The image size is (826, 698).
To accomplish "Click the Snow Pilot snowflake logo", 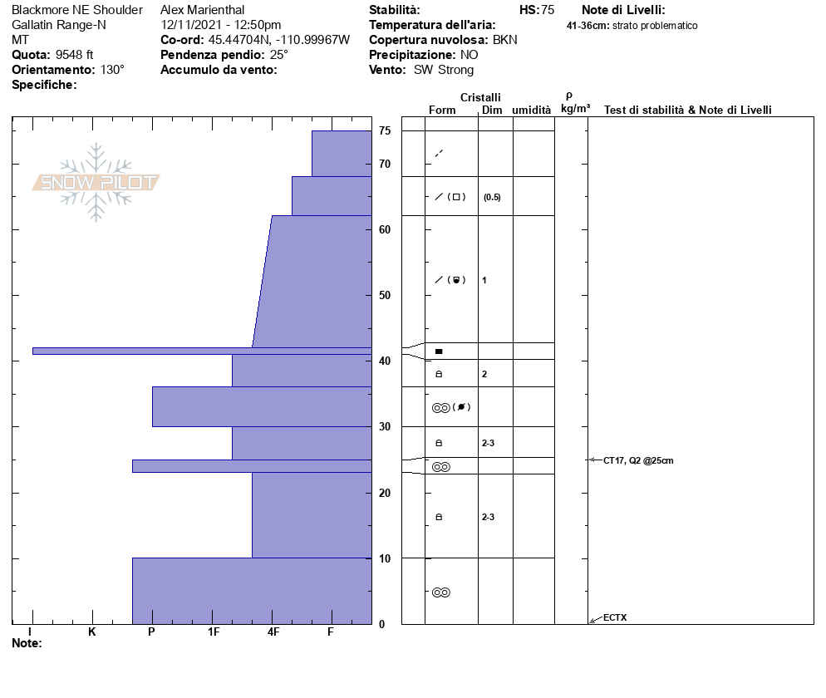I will tap(96, 182).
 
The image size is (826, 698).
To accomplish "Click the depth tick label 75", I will tap(385, 131).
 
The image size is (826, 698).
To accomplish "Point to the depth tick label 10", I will tap(385, 558).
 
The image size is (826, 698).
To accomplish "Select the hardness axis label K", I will tap(91, 632).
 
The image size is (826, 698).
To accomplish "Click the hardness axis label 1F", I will tap(214, 632).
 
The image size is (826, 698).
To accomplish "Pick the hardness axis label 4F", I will tap(273, 632).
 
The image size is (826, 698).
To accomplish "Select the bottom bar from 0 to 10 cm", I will tap(251, 590).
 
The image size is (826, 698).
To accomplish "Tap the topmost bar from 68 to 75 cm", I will tap(341, 154).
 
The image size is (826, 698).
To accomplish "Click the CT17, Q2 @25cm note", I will tap(638, 460).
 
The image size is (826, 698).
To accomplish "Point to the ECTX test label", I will tap(615, 617).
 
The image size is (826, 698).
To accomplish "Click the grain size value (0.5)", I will tap(492, 197).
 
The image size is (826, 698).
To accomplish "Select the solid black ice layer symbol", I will tap(439, 351).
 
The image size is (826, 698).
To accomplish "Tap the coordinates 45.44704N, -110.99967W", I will tap(279, 40).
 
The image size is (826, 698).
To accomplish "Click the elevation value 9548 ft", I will tap(74, 55).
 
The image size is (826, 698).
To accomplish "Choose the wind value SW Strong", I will tap(444, 70).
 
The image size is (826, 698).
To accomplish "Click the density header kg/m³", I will tap(575, 109).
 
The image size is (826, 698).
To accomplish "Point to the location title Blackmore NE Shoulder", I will tap(77, 10).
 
